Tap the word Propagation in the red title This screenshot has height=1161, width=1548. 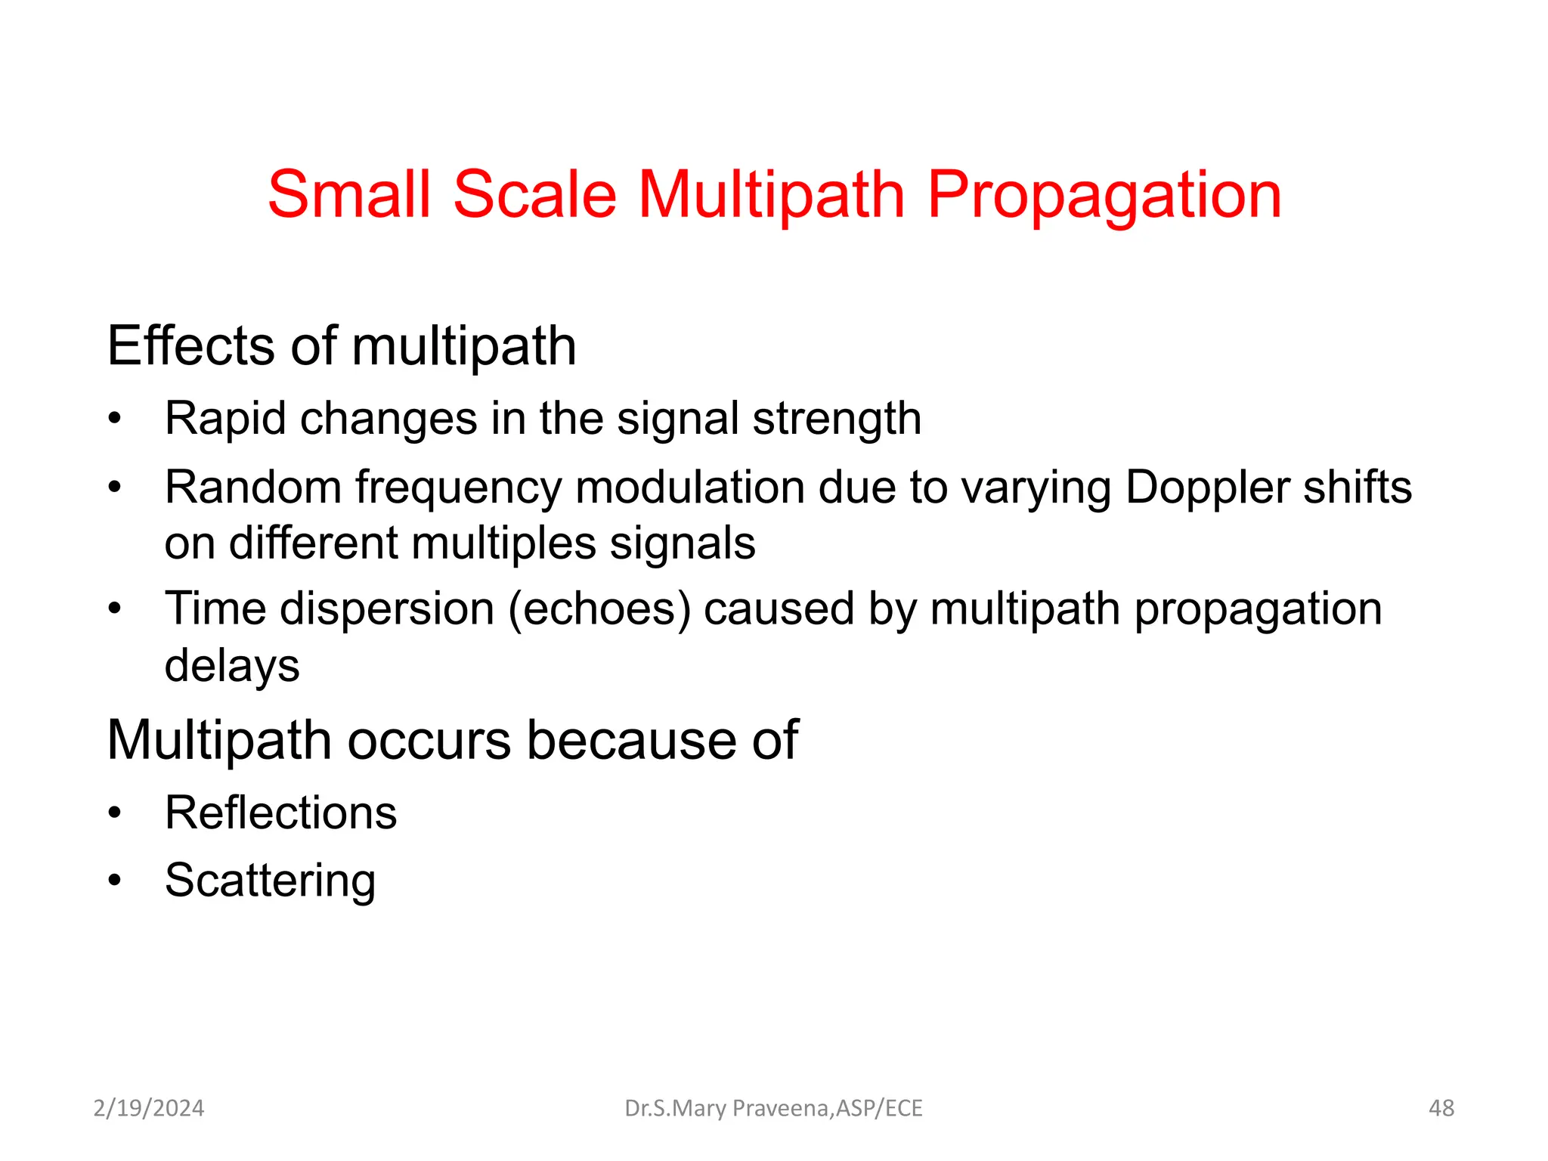pos(1104,197)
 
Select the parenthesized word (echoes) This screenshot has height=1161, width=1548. pos(599,609)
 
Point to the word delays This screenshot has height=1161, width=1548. pos(232,666)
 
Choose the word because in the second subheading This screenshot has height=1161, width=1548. pos(631,740)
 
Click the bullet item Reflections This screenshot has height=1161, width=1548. pos(280,813)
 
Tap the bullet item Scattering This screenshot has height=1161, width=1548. pos(270,881)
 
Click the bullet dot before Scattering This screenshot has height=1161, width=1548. pos(114,881)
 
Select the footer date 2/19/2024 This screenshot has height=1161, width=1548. pos(148,1108)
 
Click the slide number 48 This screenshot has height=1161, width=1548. pos(1441,1108)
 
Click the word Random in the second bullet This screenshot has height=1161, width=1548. pos(253,488)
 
